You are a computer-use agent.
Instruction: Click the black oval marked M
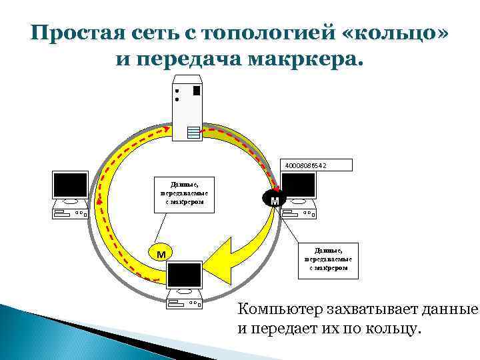tap(274, 199)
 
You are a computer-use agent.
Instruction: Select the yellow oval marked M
tap(160, 253)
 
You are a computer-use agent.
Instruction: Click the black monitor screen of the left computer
tap(71, 185)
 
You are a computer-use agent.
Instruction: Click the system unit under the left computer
tap(71, 214)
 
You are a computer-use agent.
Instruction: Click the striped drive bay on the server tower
tap(194, 131)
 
